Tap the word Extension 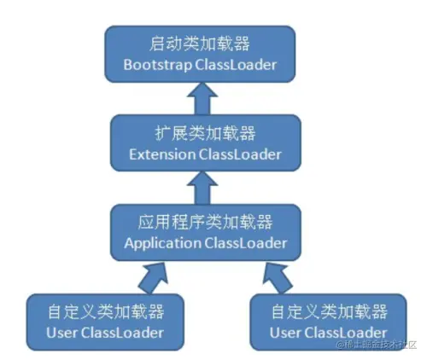click(161, 155)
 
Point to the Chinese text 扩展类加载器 click(198, 135)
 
